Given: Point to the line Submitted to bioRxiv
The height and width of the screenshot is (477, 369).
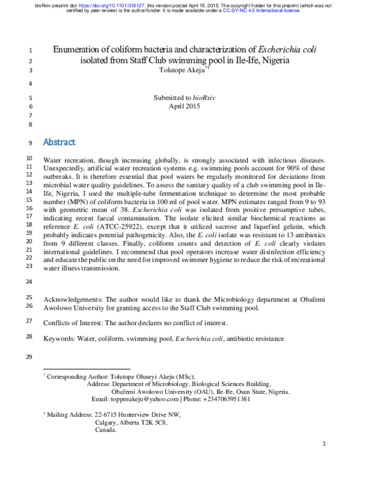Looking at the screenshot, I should [x=184, y=98].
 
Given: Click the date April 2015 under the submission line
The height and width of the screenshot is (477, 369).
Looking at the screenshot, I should [x=184, y=106].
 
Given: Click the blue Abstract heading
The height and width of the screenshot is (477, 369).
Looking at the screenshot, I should [x=59, y=142].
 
